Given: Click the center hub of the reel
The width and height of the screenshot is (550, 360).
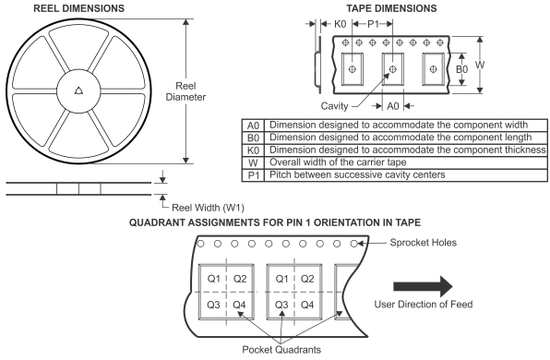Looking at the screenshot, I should [x=78, y=90].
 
